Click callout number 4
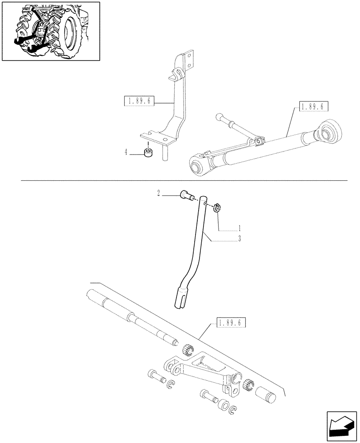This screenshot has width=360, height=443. coord(126,152)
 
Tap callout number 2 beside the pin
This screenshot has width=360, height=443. coord(157,193)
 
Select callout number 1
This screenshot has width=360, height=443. coord(239,229)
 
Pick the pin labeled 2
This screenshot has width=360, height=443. coord(185,195)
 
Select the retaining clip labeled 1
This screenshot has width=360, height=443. coord(217,207)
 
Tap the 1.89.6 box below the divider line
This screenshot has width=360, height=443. coord(231,323)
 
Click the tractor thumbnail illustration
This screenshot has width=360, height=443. coord(51,31)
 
